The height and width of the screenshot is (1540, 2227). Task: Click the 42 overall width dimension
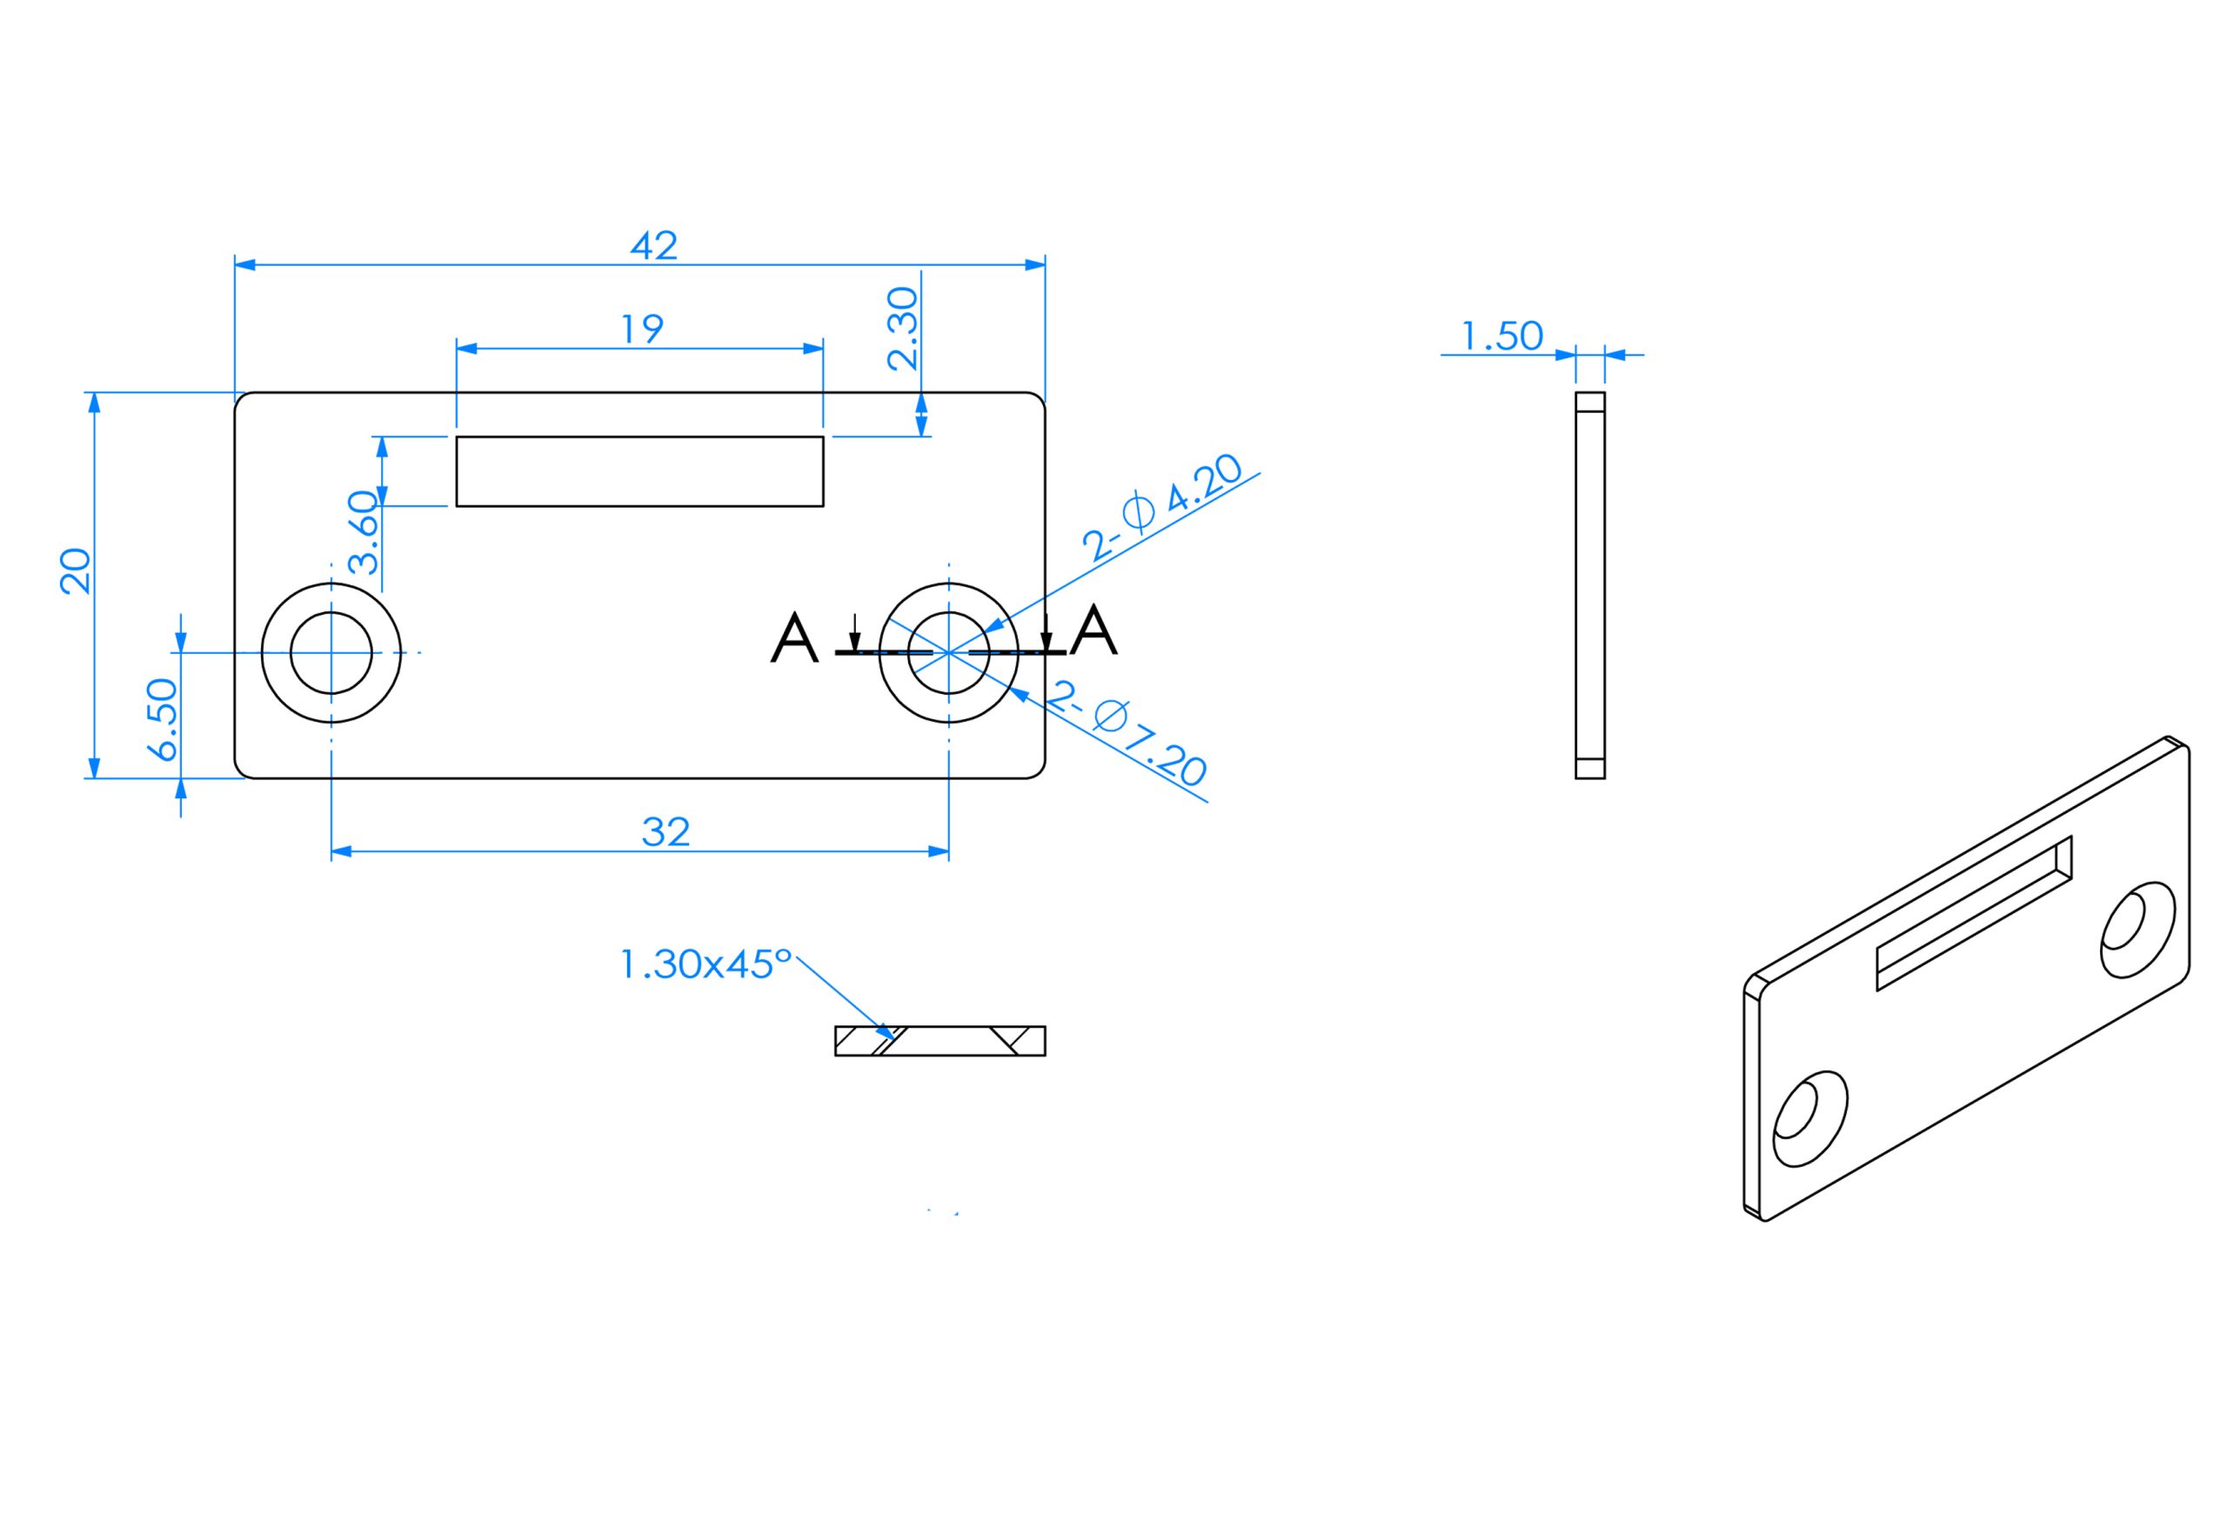(653, 245)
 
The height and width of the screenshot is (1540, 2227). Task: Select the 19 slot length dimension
(642, 329)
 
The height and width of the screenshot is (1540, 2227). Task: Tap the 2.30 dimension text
(903, 328)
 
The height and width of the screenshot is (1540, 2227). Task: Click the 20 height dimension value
(76, 571)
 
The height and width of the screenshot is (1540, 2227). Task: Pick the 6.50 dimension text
(162, 720)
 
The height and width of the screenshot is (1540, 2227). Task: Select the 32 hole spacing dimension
(666, 832)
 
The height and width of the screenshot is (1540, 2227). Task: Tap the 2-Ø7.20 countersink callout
(1127, 733)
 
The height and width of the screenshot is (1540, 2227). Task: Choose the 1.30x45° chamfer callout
(706, 964)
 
